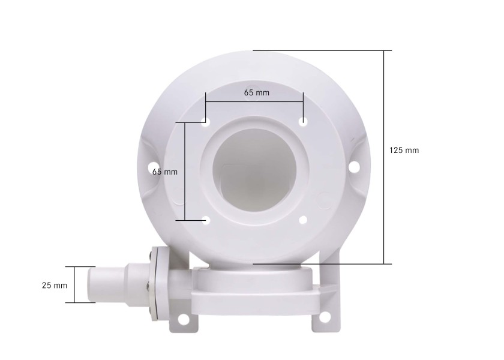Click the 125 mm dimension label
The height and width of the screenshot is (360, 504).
(x=404, y=150)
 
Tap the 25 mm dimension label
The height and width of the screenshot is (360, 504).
(x=55, y=285)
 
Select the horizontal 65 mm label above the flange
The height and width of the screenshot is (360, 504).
(x=256, y=93)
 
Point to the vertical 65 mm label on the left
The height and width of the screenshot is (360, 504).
(x=165, y=172)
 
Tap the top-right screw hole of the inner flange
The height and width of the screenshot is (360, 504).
(x=304, y=122)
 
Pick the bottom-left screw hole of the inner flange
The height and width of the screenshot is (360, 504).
(x=206, y=220)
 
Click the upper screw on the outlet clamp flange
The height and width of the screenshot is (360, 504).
(x=150, y=259)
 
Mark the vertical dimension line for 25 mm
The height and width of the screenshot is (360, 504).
(x=74, y=284)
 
